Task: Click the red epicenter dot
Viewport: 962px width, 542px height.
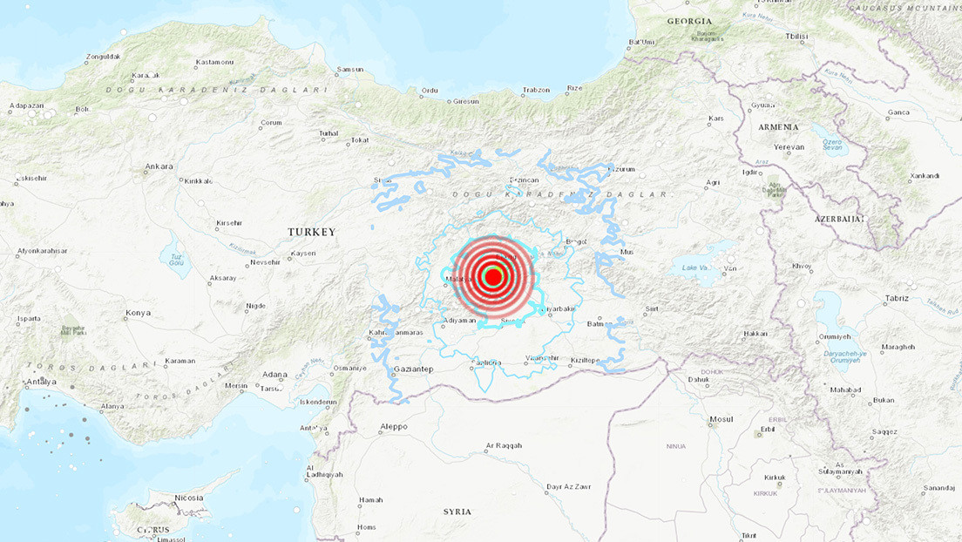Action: click(492, 277)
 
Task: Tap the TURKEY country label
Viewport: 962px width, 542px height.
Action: click(311, 232)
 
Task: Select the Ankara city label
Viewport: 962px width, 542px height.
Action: click(159, 166)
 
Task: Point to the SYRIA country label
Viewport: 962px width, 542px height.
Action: click(457, 512)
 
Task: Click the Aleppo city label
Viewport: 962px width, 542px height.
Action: click(394, 427)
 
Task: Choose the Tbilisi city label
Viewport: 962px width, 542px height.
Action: click(796, 37)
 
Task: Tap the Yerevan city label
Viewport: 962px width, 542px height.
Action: click(789, 147)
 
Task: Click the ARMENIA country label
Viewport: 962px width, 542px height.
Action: click(778, 127)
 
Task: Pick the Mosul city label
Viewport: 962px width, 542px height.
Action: click(721, 419)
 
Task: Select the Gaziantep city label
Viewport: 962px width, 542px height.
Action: click(414, 369)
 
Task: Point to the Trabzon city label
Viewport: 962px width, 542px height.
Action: click(536, 90)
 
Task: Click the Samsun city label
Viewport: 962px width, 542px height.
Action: click(350, 69)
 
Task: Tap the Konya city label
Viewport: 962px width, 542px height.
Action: click(138, 313)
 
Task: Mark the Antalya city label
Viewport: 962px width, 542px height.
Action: click(41, 382)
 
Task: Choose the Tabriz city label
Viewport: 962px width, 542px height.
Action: click(896, 298)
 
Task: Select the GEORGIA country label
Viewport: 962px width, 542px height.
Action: click(689, 21)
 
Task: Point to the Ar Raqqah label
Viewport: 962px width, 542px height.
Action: click(504, 446)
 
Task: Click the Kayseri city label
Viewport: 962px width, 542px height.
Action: click(303, 254)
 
